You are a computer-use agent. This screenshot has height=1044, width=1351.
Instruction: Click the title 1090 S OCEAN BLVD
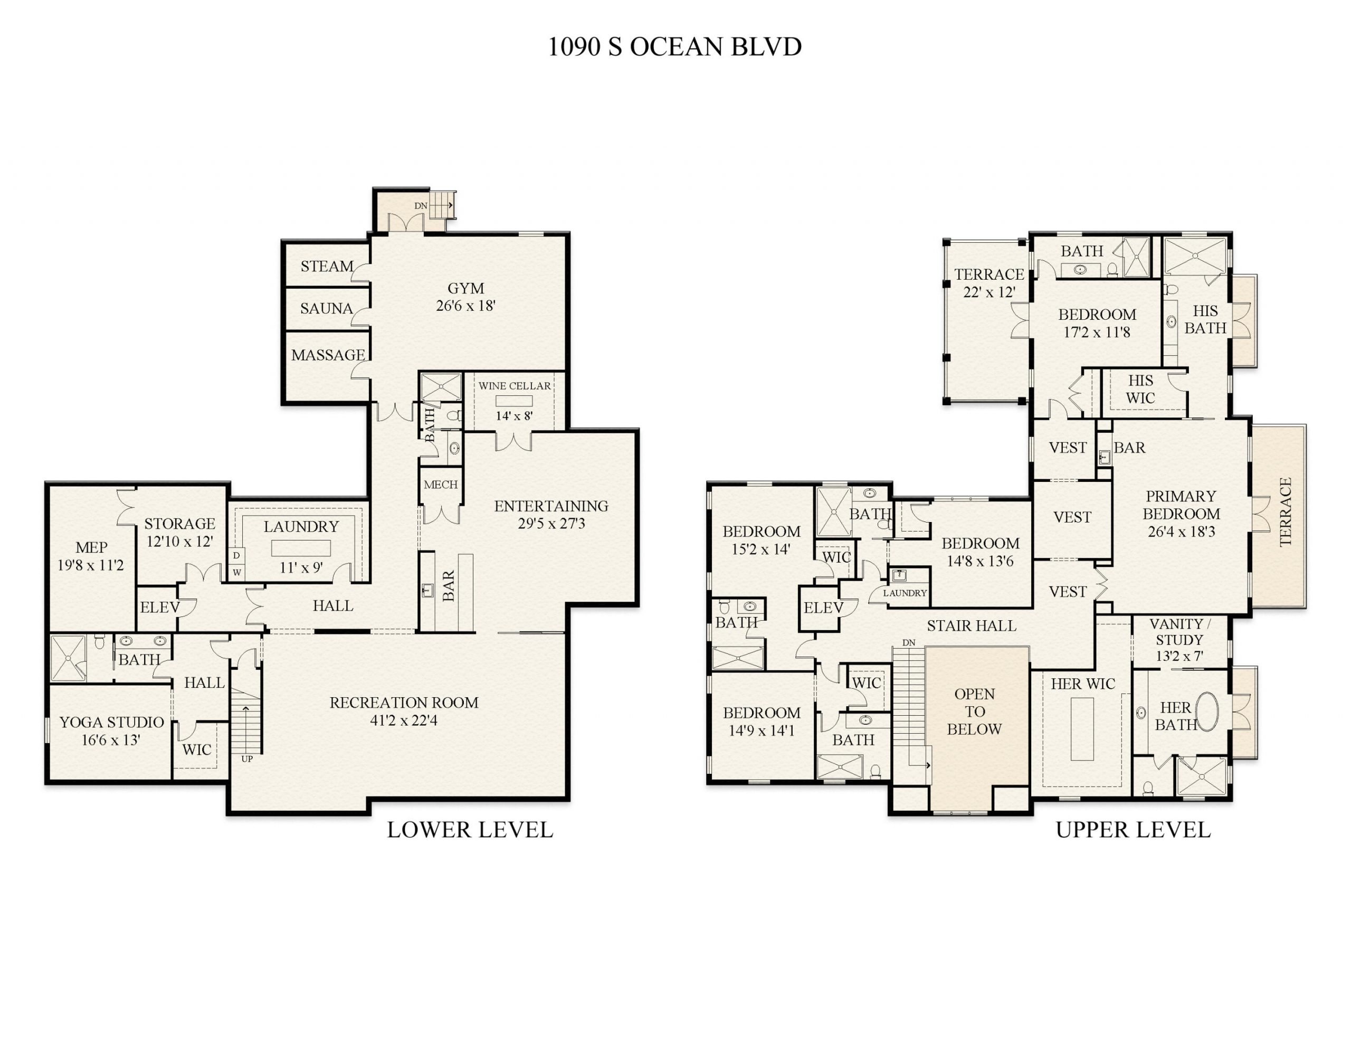coord(674,47)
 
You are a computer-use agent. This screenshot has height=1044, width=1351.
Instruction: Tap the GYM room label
coord(466,288)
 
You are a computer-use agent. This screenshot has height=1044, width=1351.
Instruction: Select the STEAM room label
coord(327,267)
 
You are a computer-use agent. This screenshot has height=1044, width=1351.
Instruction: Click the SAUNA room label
coord(326,308)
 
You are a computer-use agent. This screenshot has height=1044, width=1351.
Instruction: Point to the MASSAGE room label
coord(328,355)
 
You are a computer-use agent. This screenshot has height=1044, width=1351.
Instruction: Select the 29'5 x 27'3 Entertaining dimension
coord(551,524)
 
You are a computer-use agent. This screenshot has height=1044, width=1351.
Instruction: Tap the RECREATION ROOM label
coord(403,703)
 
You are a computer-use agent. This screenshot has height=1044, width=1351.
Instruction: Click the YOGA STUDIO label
coord(111,722)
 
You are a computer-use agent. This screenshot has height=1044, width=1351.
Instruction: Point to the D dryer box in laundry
coord(236,556)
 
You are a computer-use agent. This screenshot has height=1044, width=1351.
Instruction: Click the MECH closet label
coord(441,485)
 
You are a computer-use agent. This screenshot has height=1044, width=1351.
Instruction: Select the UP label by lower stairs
coord(247,758)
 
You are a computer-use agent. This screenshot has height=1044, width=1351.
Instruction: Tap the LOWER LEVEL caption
coord(470,830)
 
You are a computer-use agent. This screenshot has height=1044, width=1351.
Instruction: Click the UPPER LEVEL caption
coord(1133,830)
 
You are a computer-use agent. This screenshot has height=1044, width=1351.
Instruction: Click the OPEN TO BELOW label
coord(974,711)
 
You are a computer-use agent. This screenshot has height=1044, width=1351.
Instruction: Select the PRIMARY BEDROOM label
coord(1181,505)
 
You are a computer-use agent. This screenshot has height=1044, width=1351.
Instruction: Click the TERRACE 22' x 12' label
coord(988,283)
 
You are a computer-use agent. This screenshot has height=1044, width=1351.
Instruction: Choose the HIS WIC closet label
coord(1140,389)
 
